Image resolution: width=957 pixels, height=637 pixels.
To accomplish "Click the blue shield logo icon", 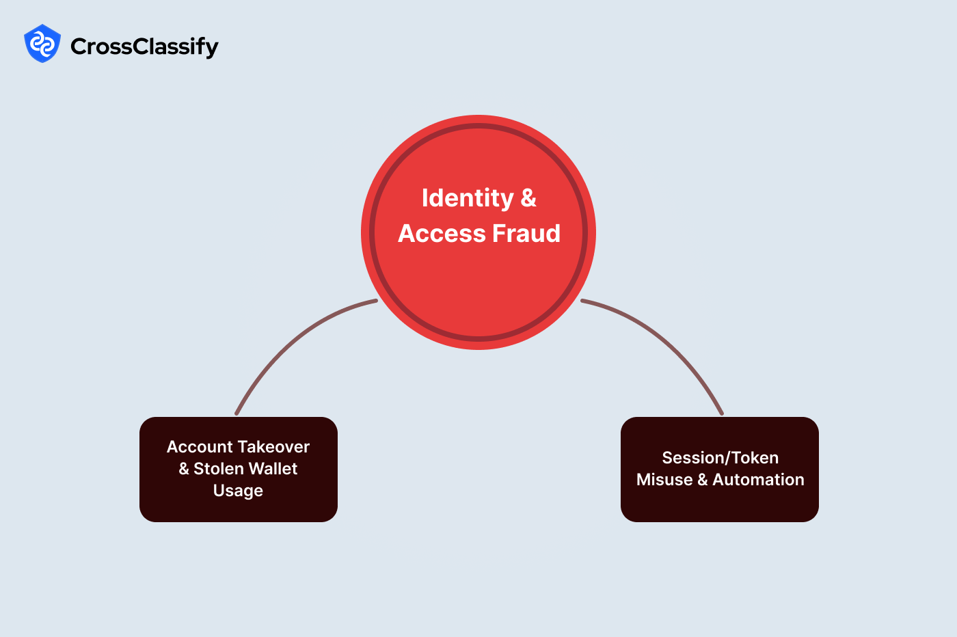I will pyautogui.click(x=42, y=44).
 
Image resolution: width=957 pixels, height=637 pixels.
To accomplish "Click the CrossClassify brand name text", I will pyautogui.click(x=144, y=46).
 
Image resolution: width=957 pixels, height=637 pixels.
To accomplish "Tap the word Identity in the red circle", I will pyautogui.click(x=467, y=198).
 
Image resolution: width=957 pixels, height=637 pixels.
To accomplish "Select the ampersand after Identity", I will pyautogui.click(x=528, y=198).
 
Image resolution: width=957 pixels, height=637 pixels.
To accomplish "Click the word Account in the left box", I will pyautogui.click(x=200, y=447).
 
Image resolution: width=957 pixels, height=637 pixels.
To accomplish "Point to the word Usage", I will pyautogui.click(x=238, y=491).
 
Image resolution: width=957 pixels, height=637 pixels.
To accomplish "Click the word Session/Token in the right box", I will pyautogui.click(x=720, y=458).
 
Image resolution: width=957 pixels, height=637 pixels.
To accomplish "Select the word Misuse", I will pyautogui.click(x=664, y=480).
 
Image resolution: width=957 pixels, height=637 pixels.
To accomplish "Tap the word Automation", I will pyautogui.click(x=758, y=480).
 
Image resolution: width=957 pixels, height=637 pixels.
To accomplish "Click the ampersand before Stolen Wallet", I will pyautogui.click(x=184, y=469).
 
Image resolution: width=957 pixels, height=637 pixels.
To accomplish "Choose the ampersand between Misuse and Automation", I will pyautogui.click(x=703, y=480).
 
